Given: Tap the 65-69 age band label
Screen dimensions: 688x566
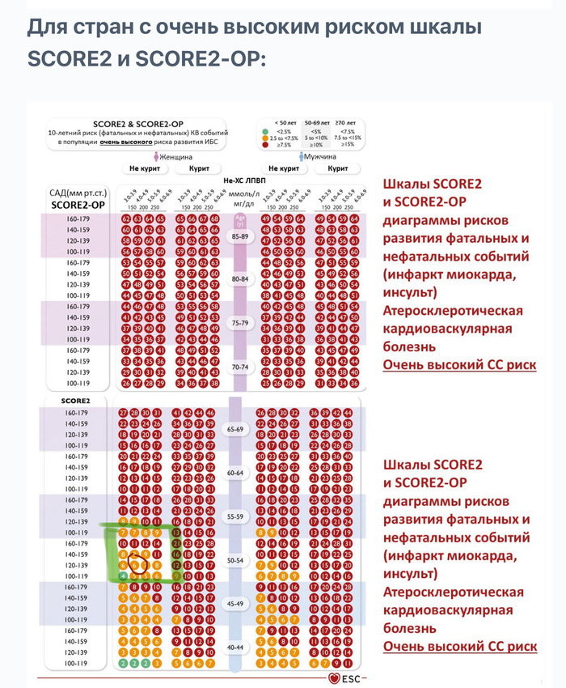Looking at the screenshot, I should click(x=235, y=429).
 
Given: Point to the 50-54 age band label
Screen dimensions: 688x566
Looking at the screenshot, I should click(x=235, y=560).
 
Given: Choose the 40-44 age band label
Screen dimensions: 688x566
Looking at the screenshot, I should click(x=235, y=648).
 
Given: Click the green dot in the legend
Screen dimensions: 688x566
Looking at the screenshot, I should click(x=263, y=131).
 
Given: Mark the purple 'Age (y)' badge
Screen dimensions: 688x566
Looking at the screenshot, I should click(x=239, y=219).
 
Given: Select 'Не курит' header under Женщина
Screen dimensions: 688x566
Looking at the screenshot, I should click(x=144, y=169).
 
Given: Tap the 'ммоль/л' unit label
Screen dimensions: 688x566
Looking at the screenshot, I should click(x=243, y=194).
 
